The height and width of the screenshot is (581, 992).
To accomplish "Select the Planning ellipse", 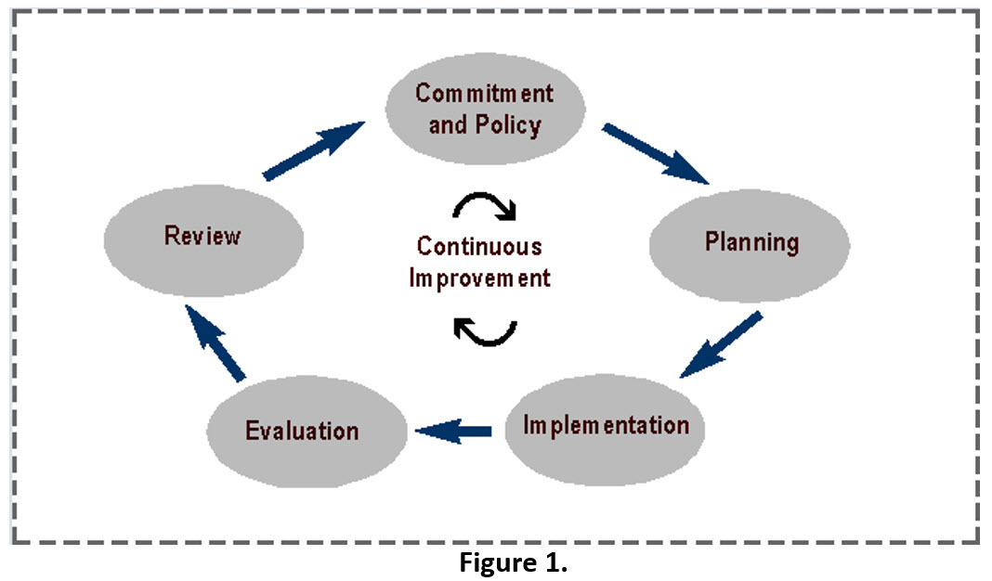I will pyautogui.click(x=749, y=243).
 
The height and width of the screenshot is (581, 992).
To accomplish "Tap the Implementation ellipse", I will pyautogui.click(x=606, y=428).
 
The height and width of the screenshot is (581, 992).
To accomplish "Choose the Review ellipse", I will pyautogui.click(x=203, y=237).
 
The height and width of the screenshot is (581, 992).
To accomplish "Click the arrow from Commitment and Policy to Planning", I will pyautogui.click(x=656, y=153).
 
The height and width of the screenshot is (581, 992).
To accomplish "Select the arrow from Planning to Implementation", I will pyautogui.click(x=722, y=344).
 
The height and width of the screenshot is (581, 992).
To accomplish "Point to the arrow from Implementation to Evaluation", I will pyautogui.click(x=454, y=430).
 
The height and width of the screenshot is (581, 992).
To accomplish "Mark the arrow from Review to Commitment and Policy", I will pyautogui.click(x=313, y=149).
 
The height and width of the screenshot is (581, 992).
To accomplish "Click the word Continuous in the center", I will pyautogui.click(x=479, y=247).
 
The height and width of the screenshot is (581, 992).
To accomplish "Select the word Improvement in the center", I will pyautogui.click(x=480, y=278).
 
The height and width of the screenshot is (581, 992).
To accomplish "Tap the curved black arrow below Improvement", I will pyautogui.click(x=484, y=329).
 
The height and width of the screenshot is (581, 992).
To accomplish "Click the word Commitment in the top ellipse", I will pyautogui.click(x=484, y=94).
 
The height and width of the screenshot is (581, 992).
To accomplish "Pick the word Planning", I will pyautogui.click(x=751, y=243).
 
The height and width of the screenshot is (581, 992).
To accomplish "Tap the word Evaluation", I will pyautogui.click(x=302, y=432).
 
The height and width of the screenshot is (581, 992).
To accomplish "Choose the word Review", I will pyautogui.click(x=202, y=236).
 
